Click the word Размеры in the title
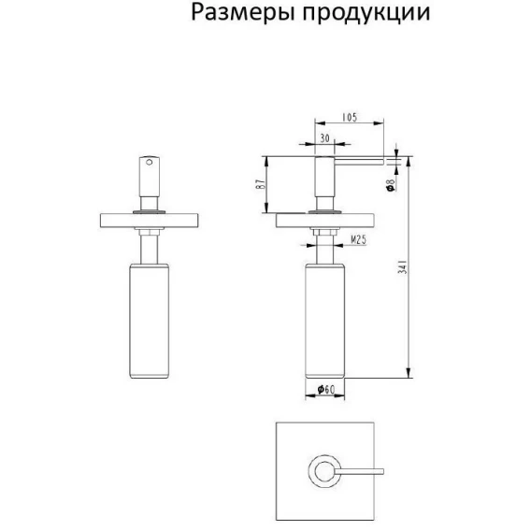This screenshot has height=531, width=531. pyautogui.click(x=242, y=13)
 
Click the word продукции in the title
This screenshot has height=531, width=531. pyautogui.click(x=366, y=13)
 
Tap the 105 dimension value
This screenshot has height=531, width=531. pyautogui.click(x=350, y=117)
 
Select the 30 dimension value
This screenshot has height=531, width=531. pyautogui.click(x=324, y=138)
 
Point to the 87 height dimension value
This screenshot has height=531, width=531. pyautogui.click(x=260, y=184)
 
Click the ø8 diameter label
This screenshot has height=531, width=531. pyautogui.click(x=391, y=185)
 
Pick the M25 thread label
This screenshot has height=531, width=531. pyautogui.click(x=358, y=239)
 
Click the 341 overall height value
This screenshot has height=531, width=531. pyautogui.click(x=403, y=266)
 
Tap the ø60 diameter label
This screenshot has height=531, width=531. pyautogui.click(x=325, y=390)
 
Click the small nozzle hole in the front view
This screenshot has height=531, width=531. pyautogui.click(x=149, y=163)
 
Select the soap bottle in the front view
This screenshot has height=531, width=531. pyautogui.click(x=149, y=321)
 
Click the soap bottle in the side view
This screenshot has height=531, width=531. pyautogui.click(x=325, y=321)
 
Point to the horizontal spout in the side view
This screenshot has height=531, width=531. pyautogui.click(x=359, y=162)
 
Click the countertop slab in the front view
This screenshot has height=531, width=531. pyautogui.click(x=149, y=221)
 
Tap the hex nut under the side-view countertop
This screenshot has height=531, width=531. pyautogui.click(x=324, y=232)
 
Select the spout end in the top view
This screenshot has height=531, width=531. pyautogui.click(x=381, y=471)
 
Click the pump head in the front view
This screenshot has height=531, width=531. pyautogui.click(x=150, y=177)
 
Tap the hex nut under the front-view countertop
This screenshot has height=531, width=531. pyautogui.click(x=149, y=232)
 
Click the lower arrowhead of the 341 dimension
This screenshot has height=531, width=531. pyautogui.click(x=409, y=372)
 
